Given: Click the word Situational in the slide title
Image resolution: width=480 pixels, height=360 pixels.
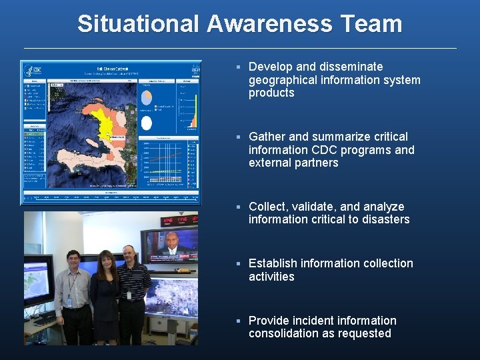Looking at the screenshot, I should [138, 24].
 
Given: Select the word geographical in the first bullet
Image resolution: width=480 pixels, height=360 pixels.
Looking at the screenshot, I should [283, 80].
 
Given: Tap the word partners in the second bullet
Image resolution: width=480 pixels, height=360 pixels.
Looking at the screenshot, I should [316, 163].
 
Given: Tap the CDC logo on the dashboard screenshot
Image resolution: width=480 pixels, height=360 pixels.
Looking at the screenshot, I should [31, 70].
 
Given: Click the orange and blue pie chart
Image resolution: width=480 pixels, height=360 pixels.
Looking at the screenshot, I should [146, 98].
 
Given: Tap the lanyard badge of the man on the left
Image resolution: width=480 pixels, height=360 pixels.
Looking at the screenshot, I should [69, 301].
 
